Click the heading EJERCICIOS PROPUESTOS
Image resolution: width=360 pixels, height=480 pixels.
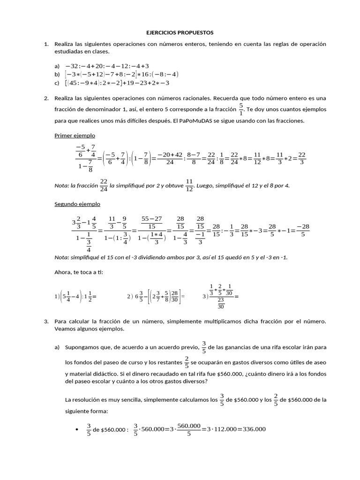pos(180,33)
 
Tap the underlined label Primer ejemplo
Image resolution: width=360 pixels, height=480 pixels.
pos(75,135)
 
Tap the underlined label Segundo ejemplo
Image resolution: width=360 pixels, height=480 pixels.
pos(77,204)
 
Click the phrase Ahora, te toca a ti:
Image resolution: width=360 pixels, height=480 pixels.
pos(78,272)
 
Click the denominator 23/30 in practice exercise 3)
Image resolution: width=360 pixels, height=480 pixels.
pos(221,303)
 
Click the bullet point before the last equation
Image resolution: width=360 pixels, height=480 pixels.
pos(76,429)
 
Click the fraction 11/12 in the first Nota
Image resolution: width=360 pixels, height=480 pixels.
pos(189,185)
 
